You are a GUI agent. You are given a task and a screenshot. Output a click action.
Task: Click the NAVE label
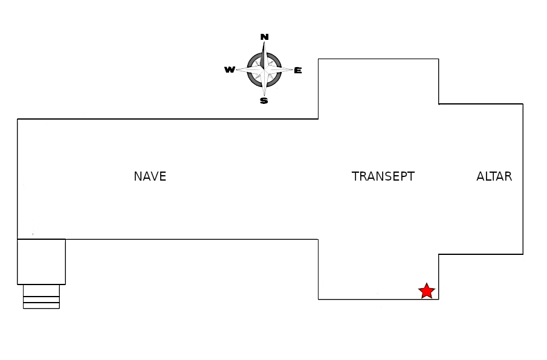[150, 176]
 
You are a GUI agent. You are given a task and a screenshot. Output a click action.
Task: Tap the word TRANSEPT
[383, 176]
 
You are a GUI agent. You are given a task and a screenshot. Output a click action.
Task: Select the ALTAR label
[494, 176]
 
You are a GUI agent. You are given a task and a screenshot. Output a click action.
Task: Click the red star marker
[427, 291]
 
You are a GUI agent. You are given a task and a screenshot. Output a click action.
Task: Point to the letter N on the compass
[264, 37]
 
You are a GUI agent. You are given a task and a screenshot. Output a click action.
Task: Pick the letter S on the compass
[264, 101]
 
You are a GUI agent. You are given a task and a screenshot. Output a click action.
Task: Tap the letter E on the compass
[298, 71]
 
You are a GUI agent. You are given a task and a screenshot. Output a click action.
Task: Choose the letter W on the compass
[230, 70]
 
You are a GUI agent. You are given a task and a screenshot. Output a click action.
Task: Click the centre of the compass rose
[264, 69]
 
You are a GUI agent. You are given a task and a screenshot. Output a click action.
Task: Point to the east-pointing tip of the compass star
[293, 69]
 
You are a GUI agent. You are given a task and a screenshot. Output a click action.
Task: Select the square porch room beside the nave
[41, 262]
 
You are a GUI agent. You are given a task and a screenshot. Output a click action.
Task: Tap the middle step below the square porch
[41, 299]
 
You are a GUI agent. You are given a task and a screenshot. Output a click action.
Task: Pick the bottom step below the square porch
[41, 305]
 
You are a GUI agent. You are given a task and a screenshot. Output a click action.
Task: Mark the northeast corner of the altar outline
[523, 104]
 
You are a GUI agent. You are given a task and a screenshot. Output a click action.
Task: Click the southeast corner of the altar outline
[523, 254]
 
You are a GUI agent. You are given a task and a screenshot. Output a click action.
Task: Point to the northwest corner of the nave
[18, 119]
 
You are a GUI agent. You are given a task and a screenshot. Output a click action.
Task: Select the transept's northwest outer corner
[319, 59]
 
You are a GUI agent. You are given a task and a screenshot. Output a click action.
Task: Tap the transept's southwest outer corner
[319, 299]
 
